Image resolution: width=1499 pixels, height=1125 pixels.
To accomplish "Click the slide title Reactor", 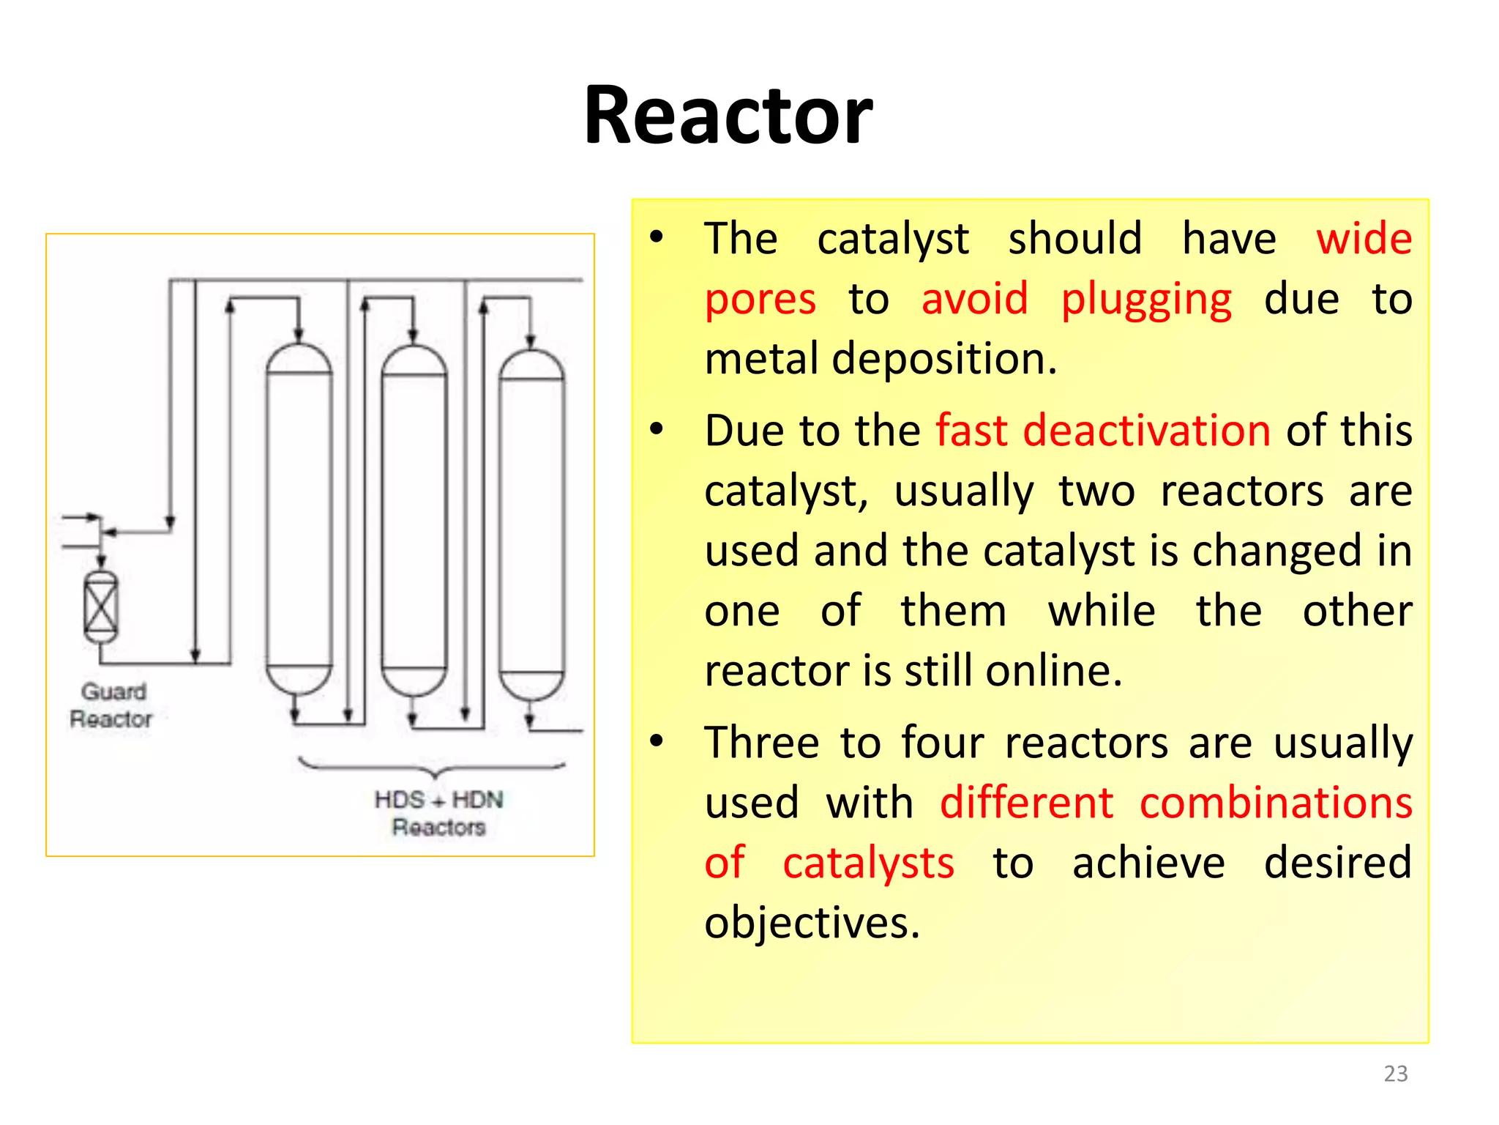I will click(x=728, y=116).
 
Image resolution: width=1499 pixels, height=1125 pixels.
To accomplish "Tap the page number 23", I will click(x=1395, y=1073).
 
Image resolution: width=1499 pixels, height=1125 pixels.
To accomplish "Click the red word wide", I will click(x=1364, y=239).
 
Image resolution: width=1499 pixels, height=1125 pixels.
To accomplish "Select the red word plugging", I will click(x=1146, y=300).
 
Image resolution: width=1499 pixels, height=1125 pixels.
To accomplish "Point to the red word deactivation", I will click(x=1146, y=430).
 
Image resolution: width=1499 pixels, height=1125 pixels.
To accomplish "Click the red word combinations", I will click(x=1276, y=803).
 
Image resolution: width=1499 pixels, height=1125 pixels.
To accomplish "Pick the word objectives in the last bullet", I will click(x=812, y=923).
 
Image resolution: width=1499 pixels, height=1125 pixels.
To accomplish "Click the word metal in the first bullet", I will click(x=761, y=359).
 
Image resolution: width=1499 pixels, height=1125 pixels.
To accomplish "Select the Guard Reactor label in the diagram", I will click(x=112, y=705).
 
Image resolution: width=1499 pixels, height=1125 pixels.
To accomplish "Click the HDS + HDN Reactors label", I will click(x=438, y=812).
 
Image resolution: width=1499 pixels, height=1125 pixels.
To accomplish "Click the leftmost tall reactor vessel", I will click(x=299, y=519).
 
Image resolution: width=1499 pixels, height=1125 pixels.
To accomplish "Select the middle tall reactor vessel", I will click(x=414, y=520).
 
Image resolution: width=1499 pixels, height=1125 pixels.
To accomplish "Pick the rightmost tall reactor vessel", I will click(x=531, y=524).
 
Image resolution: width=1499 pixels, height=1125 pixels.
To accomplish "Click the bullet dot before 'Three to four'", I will click(x=657, y=741).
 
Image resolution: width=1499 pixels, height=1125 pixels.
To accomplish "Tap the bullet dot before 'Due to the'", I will click(x=657, y=429).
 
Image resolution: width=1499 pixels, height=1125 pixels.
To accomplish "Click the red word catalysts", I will click(x=868, y=864).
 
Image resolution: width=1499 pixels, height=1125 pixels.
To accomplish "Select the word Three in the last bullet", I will click(x=761, y=743).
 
